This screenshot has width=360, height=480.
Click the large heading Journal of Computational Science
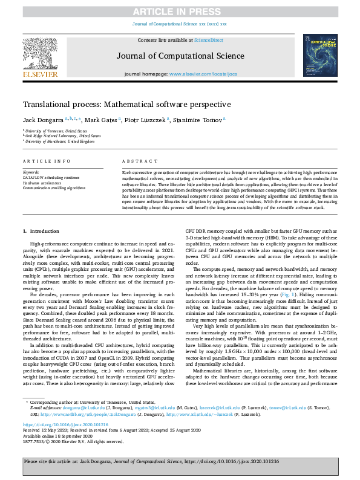point(180,56)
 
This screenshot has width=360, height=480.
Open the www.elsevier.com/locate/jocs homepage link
point(203,74)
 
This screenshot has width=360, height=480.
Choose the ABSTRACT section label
point(135,162)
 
